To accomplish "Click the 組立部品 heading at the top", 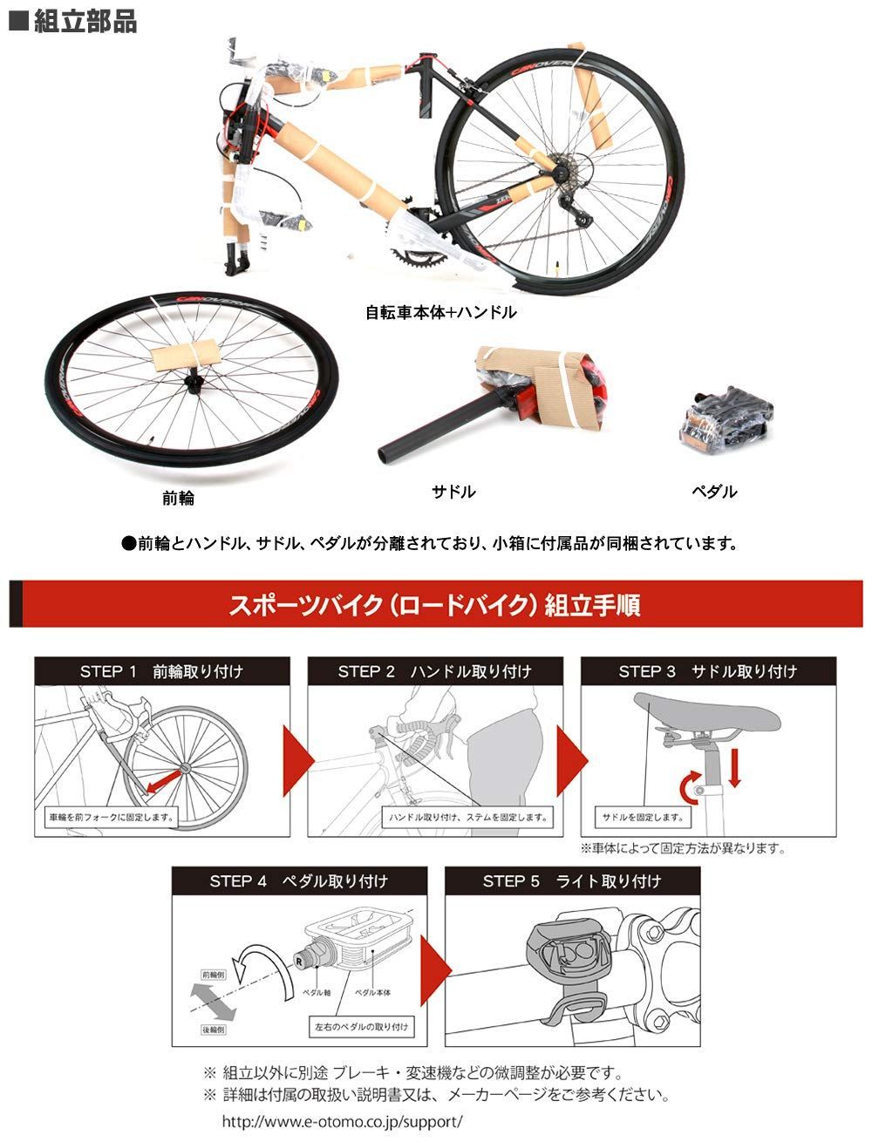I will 74,22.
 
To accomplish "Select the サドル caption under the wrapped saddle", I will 454,492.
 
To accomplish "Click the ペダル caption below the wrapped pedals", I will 714,492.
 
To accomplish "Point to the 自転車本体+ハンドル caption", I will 441,311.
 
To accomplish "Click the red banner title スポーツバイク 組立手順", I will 435,604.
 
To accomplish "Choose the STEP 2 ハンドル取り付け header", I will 434,671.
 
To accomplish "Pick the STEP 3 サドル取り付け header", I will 707,671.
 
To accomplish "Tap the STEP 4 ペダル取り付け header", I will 298,881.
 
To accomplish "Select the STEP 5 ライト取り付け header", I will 572,881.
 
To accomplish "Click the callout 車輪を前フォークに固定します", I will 111,818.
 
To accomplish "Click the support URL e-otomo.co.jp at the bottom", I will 342,1121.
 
